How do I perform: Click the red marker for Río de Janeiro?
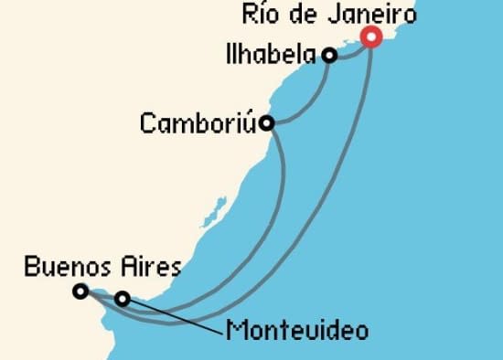click(371, 37)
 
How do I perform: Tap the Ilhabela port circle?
click(330, 56)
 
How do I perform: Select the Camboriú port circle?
click(266, 122)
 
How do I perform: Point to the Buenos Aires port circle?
click(80, 291)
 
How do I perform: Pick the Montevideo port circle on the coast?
click(123, 298)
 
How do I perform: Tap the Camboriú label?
click(197, 122)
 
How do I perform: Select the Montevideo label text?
click(296, 330)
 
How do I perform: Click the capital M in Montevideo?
click(235, 330)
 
